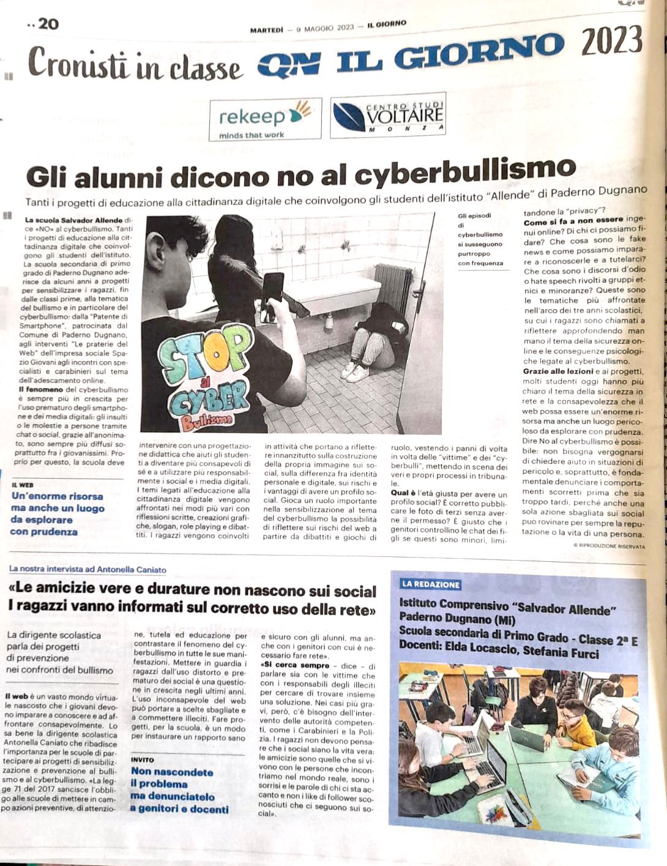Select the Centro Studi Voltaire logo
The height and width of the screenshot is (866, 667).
pyautogui.click(x=388, y=115)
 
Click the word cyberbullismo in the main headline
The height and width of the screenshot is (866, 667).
pyautogui.click(x=465, y=172)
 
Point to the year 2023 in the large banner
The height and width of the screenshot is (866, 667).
pyautogui.click(x=611, y=43)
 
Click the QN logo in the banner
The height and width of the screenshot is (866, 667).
pyautogui.click(x=289, y=64)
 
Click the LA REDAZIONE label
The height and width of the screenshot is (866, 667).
pyautogui.click(x=431, y=584)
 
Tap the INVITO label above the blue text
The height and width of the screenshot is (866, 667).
pyautogui.click(x=143, y=760)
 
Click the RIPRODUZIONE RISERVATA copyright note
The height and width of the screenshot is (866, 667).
pyautogui.click(x=609, y=545)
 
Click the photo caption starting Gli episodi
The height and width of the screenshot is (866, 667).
pyautogui.click(x=480, y=239)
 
